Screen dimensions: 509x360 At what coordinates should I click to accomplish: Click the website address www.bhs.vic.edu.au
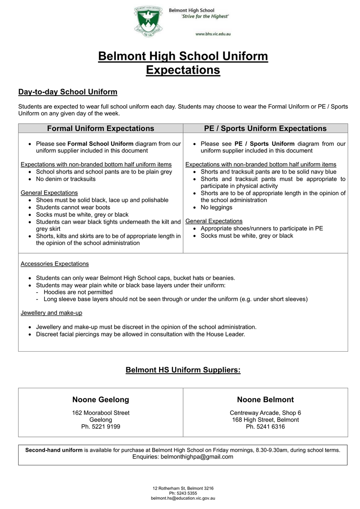point(213,34)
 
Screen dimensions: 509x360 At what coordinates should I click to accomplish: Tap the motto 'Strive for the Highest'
point(206,16)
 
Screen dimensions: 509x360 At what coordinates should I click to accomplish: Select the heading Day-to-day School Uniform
point(68,92)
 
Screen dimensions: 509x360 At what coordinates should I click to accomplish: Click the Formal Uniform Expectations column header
point(100,128)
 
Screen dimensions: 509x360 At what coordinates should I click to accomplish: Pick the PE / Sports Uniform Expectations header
point(265,128)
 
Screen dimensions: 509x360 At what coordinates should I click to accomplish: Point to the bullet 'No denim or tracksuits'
point(66,179)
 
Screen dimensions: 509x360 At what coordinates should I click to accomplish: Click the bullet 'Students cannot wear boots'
point(73,207)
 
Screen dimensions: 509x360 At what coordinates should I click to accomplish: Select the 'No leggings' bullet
point(216,207)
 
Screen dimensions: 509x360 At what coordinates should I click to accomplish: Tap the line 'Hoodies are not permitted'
point(78,292)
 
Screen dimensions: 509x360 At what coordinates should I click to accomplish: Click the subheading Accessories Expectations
point(55,263)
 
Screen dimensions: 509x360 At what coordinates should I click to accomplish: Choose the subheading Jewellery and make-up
point(51,313)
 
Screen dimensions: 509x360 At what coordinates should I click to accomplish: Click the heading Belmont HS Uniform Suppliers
point(183,370)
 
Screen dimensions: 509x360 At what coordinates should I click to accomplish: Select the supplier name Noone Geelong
point(100,400)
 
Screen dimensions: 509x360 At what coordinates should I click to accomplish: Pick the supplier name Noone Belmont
point(265,400)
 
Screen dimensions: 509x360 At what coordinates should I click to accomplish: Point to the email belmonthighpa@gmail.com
point(197,456)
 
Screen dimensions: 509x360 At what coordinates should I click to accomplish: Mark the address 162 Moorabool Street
point(100,412)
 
